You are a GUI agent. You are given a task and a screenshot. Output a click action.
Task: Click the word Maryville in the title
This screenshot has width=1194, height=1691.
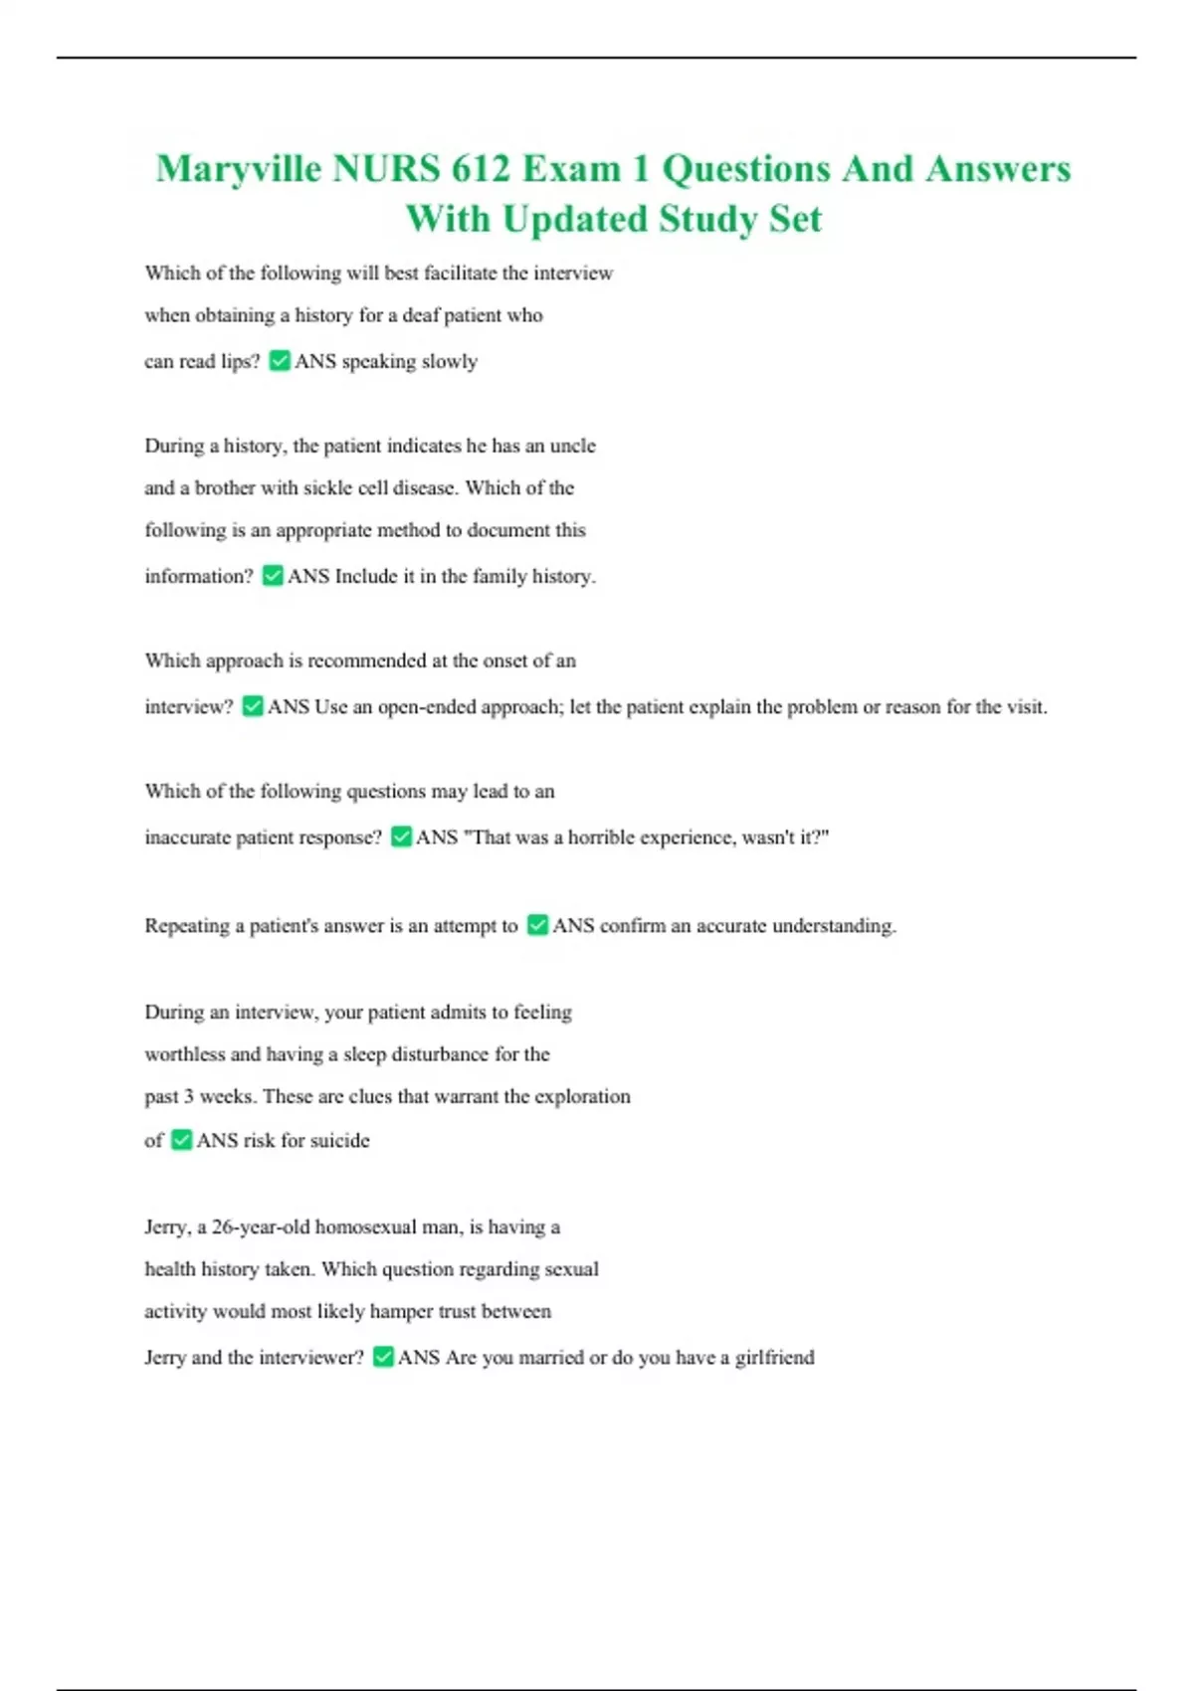pyautogui.click(x=239, y=170)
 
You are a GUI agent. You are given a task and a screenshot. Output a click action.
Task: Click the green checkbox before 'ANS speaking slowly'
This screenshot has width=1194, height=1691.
pyautogui.click(x=280, y=361)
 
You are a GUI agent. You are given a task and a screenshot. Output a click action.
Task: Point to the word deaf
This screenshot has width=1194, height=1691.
pyautogui.click(x=420, y=316)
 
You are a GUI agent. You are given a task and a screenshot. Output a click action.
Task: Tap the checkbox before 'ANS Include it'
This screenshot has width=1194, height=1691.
pyautogui.click(x=273, y=576)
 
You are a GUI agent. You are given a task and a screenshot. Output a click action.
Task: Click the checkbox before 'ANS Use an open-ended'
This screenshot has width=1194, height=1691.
pyautogui.click(x=253, y=706)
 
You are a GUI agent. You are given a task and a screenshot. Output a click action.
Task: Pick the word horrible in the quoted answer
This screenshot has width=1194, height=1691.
pyautogui.click(x=601, y=838)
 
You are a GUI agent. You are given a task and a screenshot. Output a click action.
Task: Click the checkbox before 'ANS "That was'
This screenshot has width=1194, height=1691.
pyautogui.click(x=401, y=837)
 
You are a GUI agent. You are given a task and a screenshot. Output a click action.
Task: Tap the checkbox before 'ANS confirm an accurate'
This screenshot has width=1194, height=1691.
pyautogui.click(x=537, y=925)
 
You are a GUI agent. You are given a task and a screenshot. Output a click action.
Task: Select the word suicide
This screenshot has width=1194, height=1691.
pyautogui.click(x=339, y=1141)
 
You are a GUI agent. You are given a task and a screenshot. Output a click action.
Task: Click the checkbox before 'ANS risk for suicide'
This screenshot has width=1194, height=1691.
pyautogui.click(x=181, y=1140)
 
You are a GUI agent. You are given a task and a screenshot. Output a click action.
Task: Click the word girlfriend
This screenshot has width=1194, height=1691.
pyautogui.click(x=774, y=1358)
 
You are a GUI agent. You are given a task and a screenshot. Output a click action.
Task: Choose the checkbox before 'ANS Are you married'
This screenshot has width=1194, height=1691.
pyautogui.click(x=383, y=1357)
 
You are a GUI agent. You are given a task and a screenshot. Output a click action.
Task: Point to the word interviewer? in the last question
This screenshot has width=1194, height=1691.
pyautogui.click(x=310, y=1358)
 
